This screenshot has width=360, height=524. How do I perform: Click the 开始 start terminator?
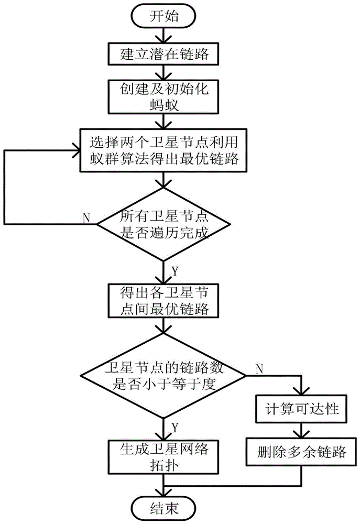[163, 16]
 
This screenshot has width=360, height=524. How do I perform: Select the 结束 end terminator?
[163, 508]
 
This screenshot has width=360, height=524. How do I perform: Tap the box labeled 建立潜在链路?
[163, 54]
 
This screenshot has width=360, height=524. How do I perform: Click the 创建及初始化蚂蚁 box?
[163, 96]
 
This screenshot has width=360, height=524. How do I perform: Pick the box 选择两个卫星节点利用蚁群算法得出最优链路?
[163, 150]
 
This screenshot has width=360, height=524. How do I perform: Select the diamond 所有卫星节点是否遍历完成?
[163, 224]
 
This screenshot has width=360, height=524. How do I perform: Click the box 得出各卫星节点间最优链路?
[163, 301]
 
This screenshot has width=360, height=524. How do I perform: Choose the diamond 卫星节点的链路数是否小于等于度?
[163, 375]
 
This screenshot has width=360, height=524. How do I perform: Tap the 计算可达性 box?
[301, 409]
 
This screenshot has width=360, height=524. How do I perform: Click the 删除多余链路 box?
[301, 452]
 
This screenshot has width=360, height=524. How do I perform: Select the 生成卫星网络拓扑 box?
[163, 457]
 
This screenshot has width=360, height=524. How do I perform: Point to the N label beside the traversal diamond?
[86, 218]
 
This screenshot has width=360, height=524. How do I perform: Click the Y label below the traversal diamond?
[175, 271]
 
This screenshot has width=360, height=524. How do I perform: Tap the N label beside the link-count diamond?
[259, 369]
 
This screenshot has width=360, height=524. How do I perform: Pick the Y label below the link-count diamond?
[175, 428]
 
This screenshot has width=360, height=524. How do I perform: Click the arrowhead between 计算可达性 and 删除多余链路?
[301, 433]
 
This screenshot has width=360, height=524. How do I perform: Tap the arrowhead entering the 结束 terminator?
[163, 493]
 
